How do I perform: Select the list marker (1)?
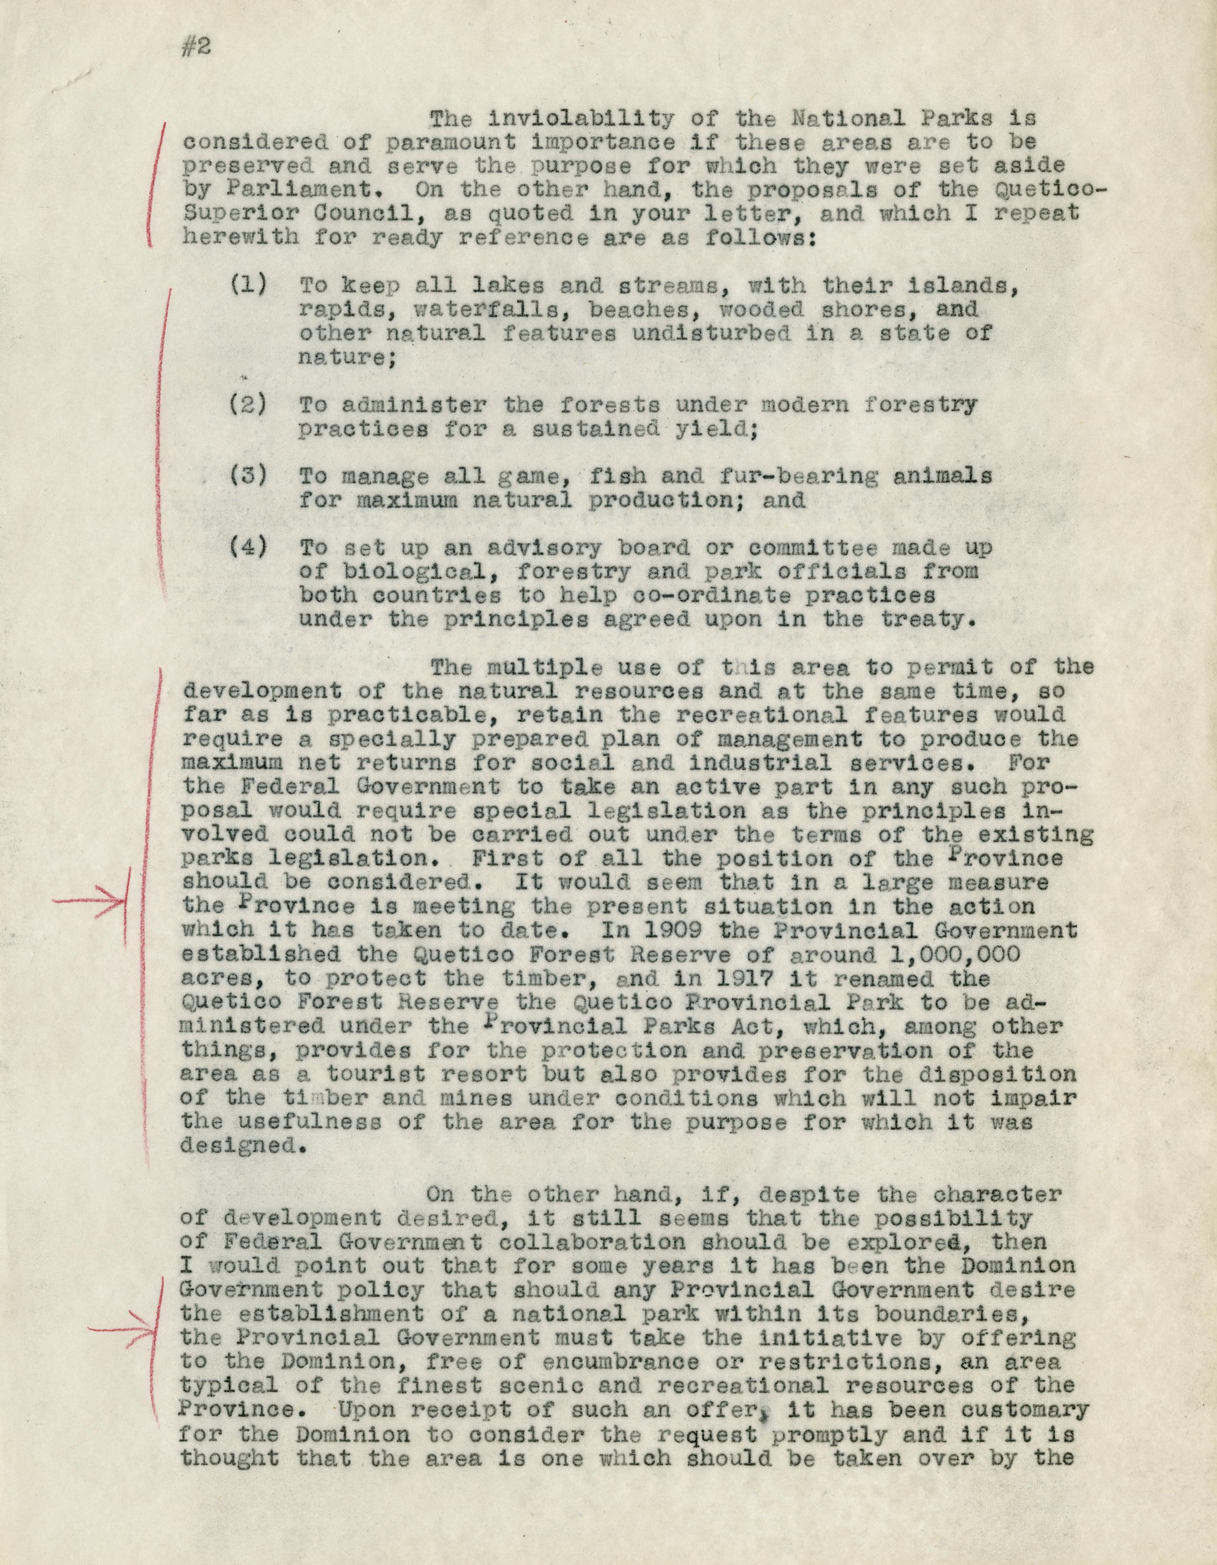(x=248, y=285)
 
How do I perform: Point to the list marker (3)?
(x=248, y=476)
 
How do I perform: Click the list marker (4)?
(x=248, y=548)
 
